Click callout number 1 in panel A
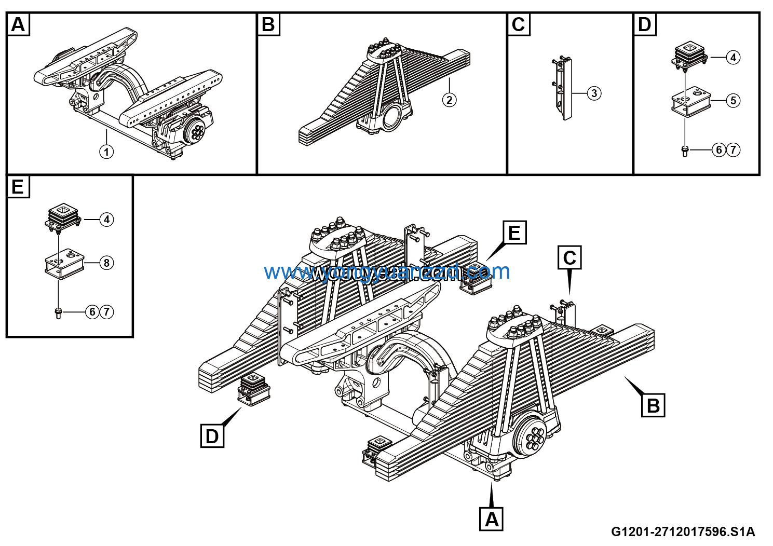(x=106, y=152)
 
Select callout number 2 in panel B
(x=450, y=100)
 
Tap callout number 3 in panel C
(x=594, y=93)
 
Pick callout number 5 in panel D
(x=733, y=100)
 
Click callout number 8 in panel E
(x=106, y=263)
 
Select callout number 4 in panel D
(x=733, y=57)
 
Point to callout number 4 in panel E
(x=106, y=220)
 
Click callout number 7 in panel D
(x=733, y=150)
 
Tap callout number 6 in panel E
(x=92, y=312)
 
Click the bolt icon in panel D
(x=685, y=151)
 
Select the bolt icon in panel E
(x=58, y=313)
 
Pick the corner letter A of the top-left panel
(x=18, y=24)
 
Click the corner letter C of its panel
(x=519, y=24)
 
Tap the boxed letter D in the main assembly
(x=212, y=436)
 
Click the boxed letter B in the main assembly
(x=653, y=405)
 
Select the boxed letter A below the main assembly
(x=491, y=518)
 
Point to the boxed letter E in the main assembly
(x=514, y=233)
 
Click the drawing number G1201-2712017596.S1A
(x=682, y=531)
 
